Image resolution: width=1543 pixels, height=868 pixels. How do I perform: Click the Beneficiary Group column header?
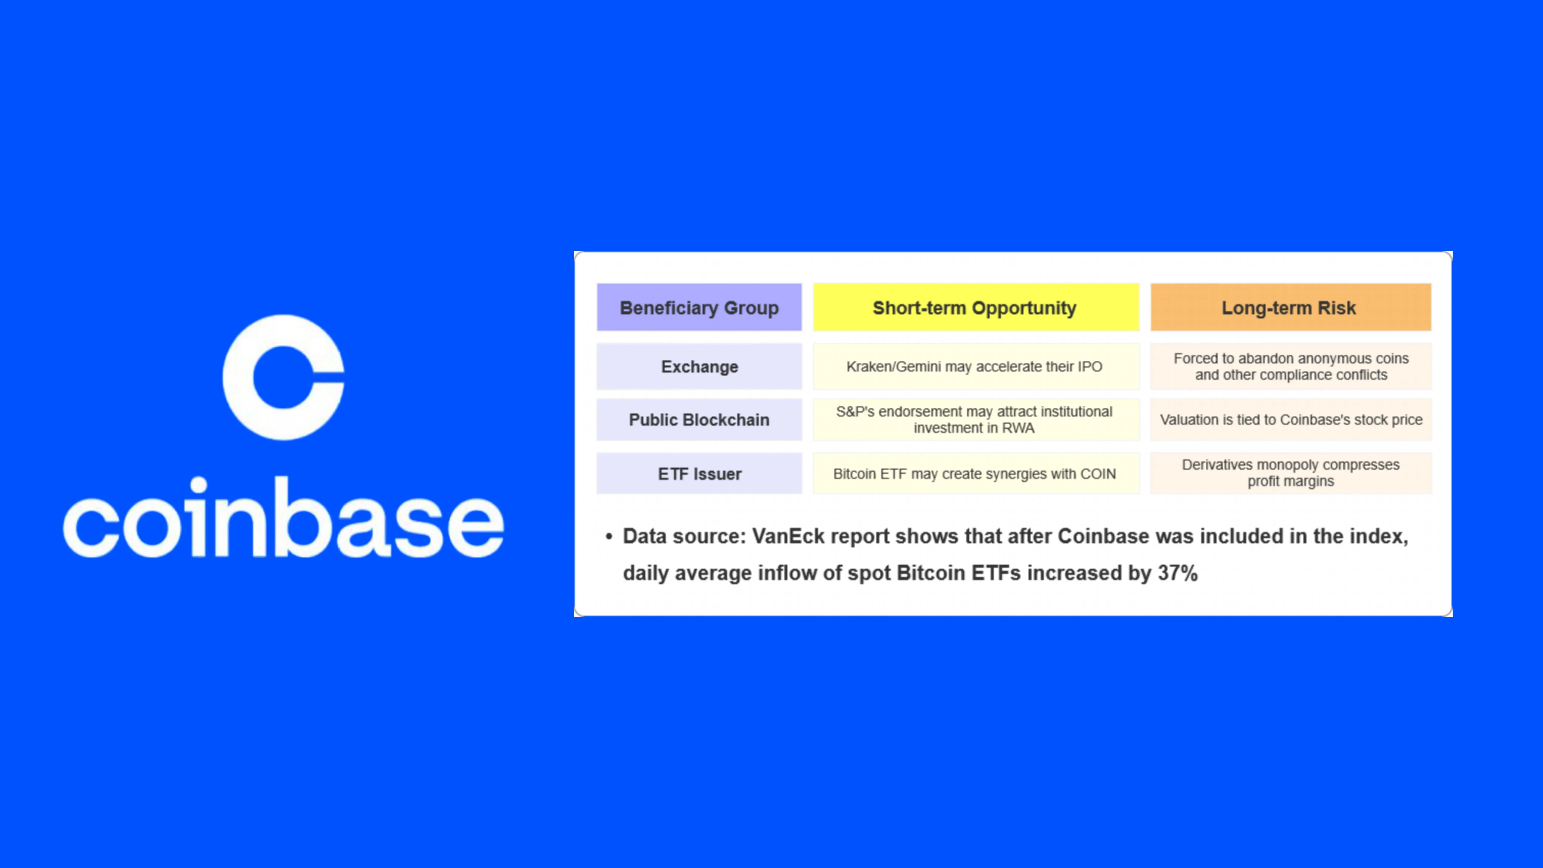click(x=699, y=307)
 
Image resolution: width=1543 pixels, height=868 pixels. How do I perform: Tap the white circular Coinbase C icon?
click(x=283, y=377)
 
